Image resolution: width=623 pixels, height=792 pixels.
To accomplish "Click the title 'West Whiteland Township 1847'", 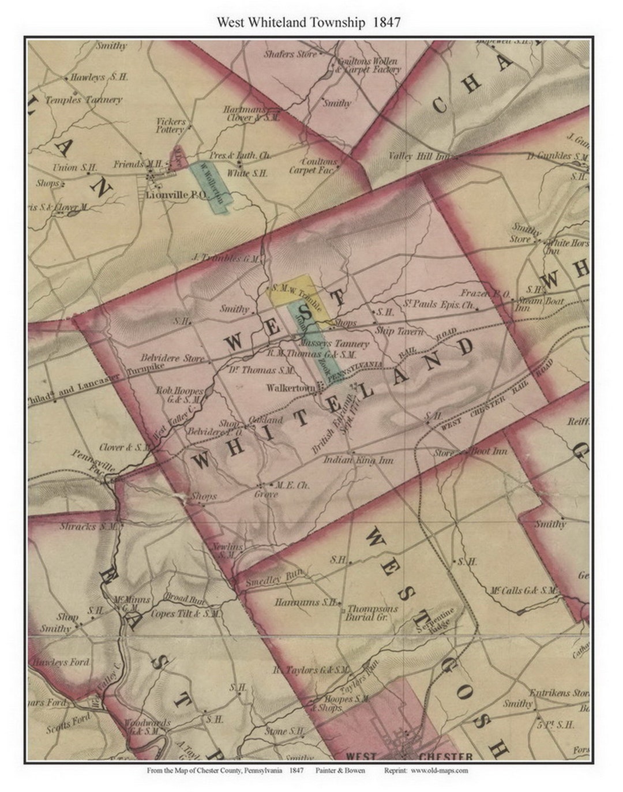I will coord(309,22).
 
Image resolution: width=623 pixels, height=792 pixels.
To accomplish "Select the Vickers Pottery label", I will coord(171,126).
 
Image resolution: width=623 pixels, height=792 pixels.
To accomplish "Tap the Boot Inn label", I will coord(490,451).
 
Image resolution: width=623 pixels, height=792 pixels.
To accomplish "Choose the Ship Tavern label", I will coord(399,331).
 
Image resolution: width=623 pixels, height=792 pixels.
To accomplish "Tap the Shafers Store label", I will coord(290,54).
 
